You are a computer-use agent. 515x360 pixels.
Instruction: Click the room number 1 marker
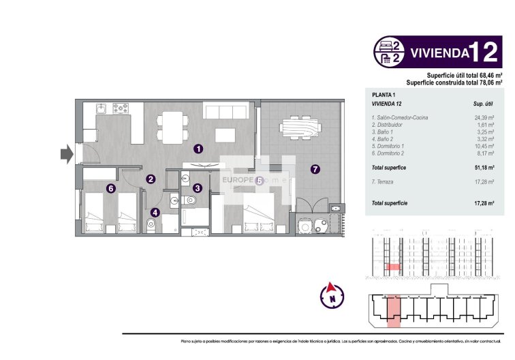click(198, 148)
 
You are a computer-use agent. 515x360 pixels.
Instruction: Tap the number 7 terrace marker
click(315, 170)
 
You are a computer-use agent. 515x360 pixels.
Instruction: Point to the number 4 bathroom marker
click(155, 212)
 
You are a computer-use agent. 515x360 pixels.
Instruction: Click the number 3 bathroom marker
click(197, 187)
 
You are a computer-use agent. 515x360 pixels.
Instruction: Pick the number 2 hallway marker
click(151, 179)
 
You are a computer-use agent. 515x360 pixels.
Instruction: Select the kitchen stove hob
click(122, 108)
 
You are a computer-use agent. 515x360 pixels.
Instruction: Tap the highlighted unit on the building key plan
click(394, 310)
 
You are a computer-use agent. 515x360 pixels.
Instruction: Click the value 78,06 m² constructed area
click(488, 81)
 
